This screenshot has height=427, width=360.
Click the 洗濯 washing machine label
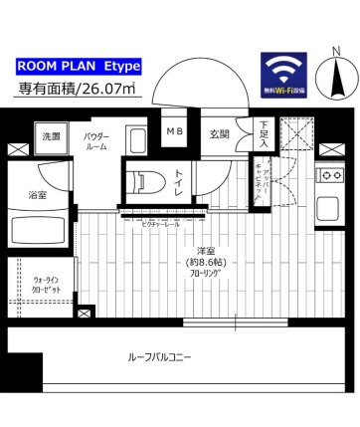pyautogui.click(x=50, y=137)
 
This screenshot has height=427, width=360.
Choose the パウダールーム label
pyautogui.click(x=96, y=139)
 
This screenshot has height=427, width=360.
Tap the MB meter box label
pyautogui.click(x=174, y=131)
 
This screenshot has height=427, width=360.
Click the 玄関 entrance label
pyautogui.click(x=220, y=134)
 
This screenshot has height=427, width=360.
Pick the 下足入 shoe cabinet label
pyautogui.click(x=264, y=135)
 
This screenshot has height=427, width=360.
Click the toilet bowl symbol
pyautogui.click(x=146, y=181)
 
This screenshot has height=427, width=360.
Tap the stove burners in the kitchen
pyautogui.click(x=329, y=176)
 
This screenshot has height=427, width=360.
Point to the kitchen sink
pyautogui.click(x=327, y=212)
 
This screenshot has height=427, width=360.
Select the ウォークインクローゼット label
pyautogui.click(x=47, y=285)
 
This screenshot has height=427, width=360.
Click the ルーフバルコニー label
pyautogui.click(x=159, y=355)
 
